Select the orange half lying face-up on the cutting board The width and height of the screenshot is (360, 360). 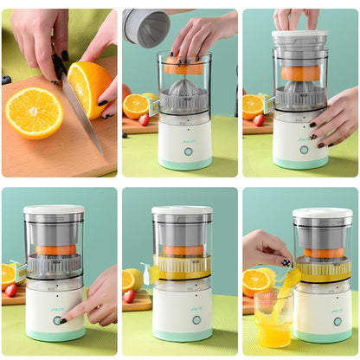34,112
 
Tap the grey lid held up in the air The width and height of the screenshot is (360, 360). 145,27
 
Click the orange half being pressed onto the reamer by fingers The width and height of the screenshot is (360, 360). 183,67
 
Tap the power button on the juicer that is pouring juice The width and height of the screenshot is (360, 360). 337,321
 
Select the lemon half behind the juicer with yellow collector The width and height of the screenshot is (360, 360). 132,279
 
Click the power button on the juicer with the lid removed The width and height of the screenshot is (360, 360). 188,151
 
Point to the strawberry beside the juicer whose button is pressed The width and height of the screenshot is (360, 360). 10,290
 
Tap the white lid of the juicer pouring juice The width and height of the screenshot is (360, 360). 322,213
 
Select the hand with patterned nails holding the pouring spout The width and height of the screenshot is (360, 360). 264,250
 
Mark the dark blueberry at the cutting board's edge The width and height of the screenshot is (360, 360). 6,80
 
